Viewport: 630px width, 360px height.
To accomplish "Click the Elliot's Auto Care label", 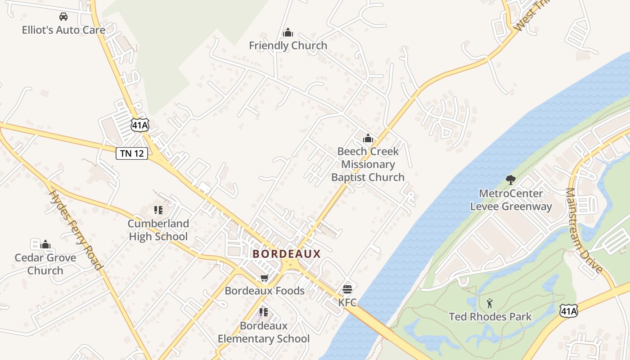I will pos(63,30).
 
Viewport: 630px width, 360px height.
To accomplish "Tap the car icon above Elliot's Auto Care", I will pos(63,17).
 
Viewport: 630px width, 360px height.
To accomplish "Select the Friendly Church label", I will pos(288,45).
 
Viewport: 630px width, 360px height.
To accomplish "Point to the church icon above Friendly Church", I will pos(288,32).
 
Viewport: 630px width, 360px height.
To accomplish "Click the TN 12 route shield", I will pos(132,153).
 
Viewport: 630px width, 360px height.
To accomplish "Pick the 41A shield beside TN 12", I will pos(140,125).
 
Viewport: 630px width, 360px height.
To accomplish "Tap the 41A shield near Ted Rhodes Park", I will pos(568,310).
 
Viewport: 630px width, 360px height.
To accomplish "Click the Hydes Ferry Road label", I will pos(76,230).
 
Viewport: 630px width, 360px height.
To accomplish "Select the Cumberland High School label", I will pos(158,230).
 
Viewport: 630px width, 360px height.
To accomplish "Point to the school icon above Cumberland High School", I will pos(158,210).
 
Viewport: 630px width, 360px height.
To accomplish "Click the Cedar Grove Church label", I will pos(45,264).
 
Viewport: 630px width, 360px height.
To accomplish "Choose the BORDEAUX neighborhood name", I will pos(287,254).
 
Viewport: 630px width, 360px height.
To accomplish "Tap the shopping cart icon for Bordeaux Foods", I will pos(265,278).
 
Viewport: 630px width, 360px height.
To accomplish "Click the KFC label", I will pos(347,302).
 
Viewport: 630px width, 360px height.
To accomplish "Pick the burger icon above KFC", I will pos(347,289).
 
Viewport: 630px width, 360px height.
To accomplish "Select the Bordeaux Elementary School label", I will pos(264,332).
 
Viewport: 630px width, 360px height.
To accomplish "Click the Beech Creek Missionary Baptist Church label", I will pos(368,164).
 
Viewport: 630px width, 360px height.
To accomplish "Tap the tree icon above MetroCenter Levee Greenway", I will pos(510,180).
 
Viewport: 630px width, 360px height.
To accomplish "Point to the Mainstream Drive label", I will pos(584,230).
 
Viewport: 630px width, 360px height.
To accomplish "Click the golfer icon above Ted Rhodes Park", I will pos(490,303).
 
